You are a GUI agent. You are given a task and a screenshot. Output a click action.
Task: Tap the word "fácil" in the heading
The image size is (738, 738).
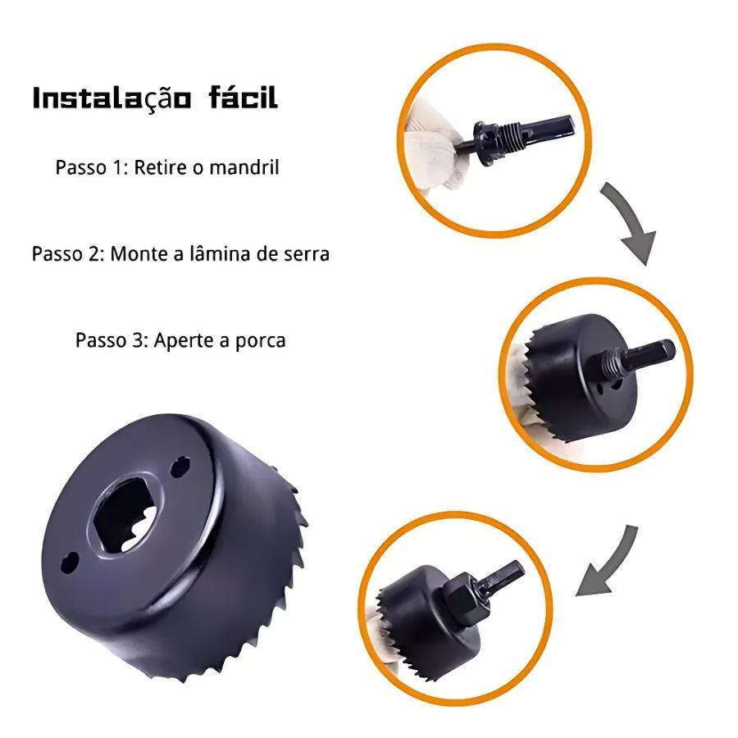point(243,97)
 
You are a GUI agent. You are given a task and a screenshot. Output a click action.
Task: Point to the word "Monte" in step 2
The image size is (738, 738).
point(139,254)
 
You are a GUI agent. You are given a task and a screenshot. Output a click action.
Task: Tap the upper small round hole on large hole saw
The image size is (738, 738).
point(180,467)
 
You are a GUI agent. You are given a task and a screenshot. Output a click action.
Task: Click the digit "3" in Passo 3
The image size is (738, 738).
point(138,340)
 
